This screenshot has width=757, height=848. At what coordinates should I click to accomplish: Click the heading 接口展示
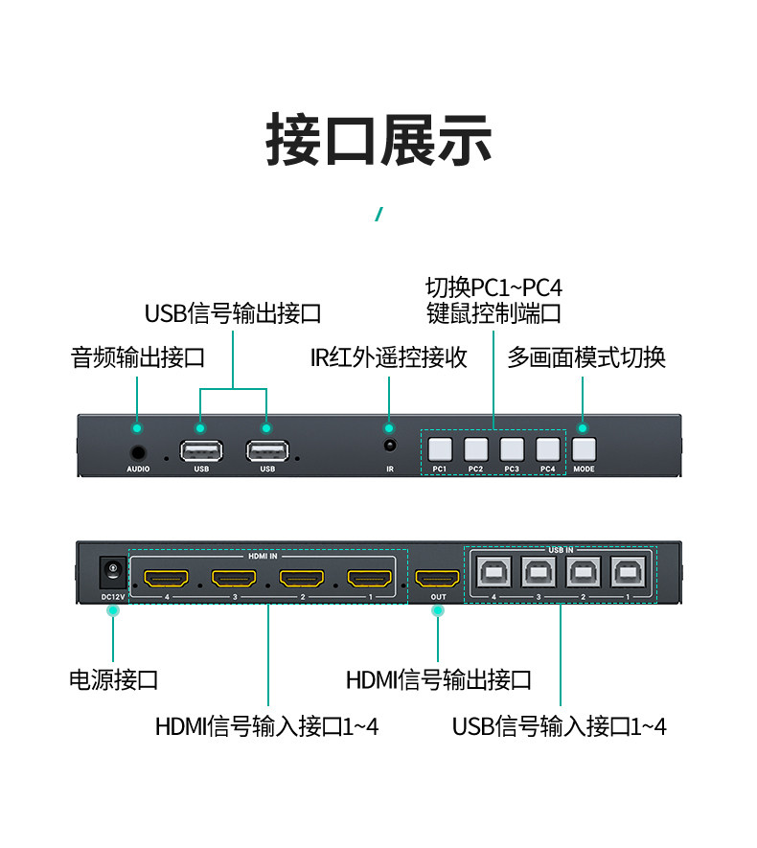(x=378, y=141)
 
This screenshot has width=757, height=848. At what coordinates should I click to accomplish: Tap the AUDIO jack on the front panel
(x=139, y=450)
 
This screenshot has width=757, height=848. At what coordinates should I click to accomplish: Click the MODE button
(x=584, y=448)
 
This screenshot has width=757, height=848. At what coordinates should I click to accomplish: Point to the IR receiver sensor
(x=390, y=447)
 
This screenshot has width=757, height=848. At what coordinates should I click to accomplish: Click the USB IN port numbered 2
(x=583, y=572)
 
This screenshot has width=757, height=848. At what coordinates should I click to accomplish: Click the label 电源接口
(x=113, y=680)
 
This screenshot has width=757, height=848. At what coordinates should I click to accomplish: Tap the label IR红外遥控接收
(x=389, y=357)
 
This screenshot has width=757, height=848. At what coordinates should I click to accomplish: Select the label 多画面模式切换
(x=585, y=357)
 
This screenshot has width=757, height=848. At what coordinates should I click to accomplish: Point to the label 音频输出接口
(x=138, y=357)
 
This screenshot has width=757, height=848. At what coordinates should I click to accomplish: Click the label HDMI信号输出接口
(x=438, y=680)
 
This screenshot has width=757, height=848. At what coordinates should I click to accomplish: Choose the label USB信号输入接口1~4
(x=560, y=726)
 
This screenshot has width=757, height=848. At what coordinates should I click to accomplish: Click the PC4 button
(x=547, y=448)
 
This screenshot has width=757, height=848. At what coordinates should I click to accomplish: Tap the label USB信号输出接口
(x=233, y=313)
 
